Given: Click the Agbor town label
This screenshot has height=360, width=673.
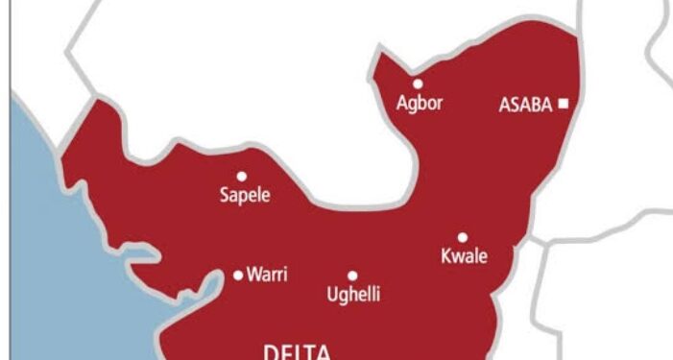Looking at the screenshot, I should (420, 103).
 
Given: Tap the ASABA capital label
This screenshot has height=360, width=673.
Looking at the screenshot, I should (525, 105).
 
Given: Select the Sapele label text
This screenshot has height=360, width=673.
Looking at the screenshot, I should (244, 196).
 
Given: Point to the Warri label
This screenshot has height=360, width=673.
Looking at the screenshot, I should (268, 276).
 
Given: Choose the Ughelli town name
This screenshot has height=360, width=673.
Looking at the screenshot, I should (352, 295).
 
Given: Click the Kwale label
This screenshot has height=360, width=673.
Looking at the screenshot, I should (464, 256).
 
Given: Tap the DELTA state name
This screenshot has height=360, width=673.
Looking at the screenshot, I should (298, 351).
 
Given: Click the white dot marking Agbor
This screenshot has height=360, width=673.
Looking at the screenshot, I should (418, 84).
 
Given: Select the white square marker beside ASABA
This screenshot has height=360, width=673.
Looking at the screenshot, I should (564, 104).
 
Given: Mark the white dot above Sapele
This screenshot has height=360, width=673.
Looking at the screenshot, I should (242, 176).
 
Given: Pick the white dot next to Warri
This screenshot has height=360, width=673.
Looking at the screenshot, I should (238, 276).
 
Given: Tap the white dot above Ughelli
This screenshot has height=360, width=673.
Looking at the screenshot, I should (352, 276).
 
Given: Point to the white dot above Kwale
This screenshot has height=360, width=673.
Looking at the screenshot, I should (463, 237).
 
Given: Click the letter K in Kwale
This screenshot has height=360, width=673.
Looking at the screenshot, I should (445, 256).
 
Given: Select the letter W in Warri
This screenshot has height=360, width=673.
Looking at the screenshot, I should (253, 276).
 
